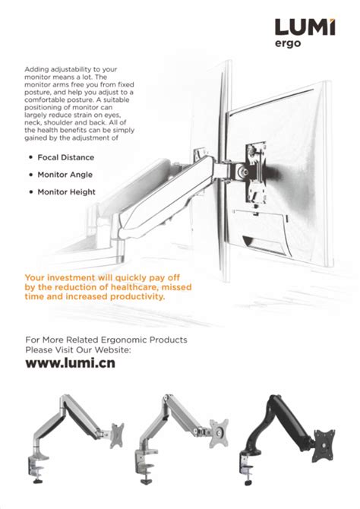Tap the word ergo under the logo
289,44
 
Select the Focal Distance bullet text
66,157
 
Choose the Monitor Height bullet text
66,192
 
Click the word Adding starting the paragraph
37,69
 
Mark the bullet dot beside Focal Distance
30,157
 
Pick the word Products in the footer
168,340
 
